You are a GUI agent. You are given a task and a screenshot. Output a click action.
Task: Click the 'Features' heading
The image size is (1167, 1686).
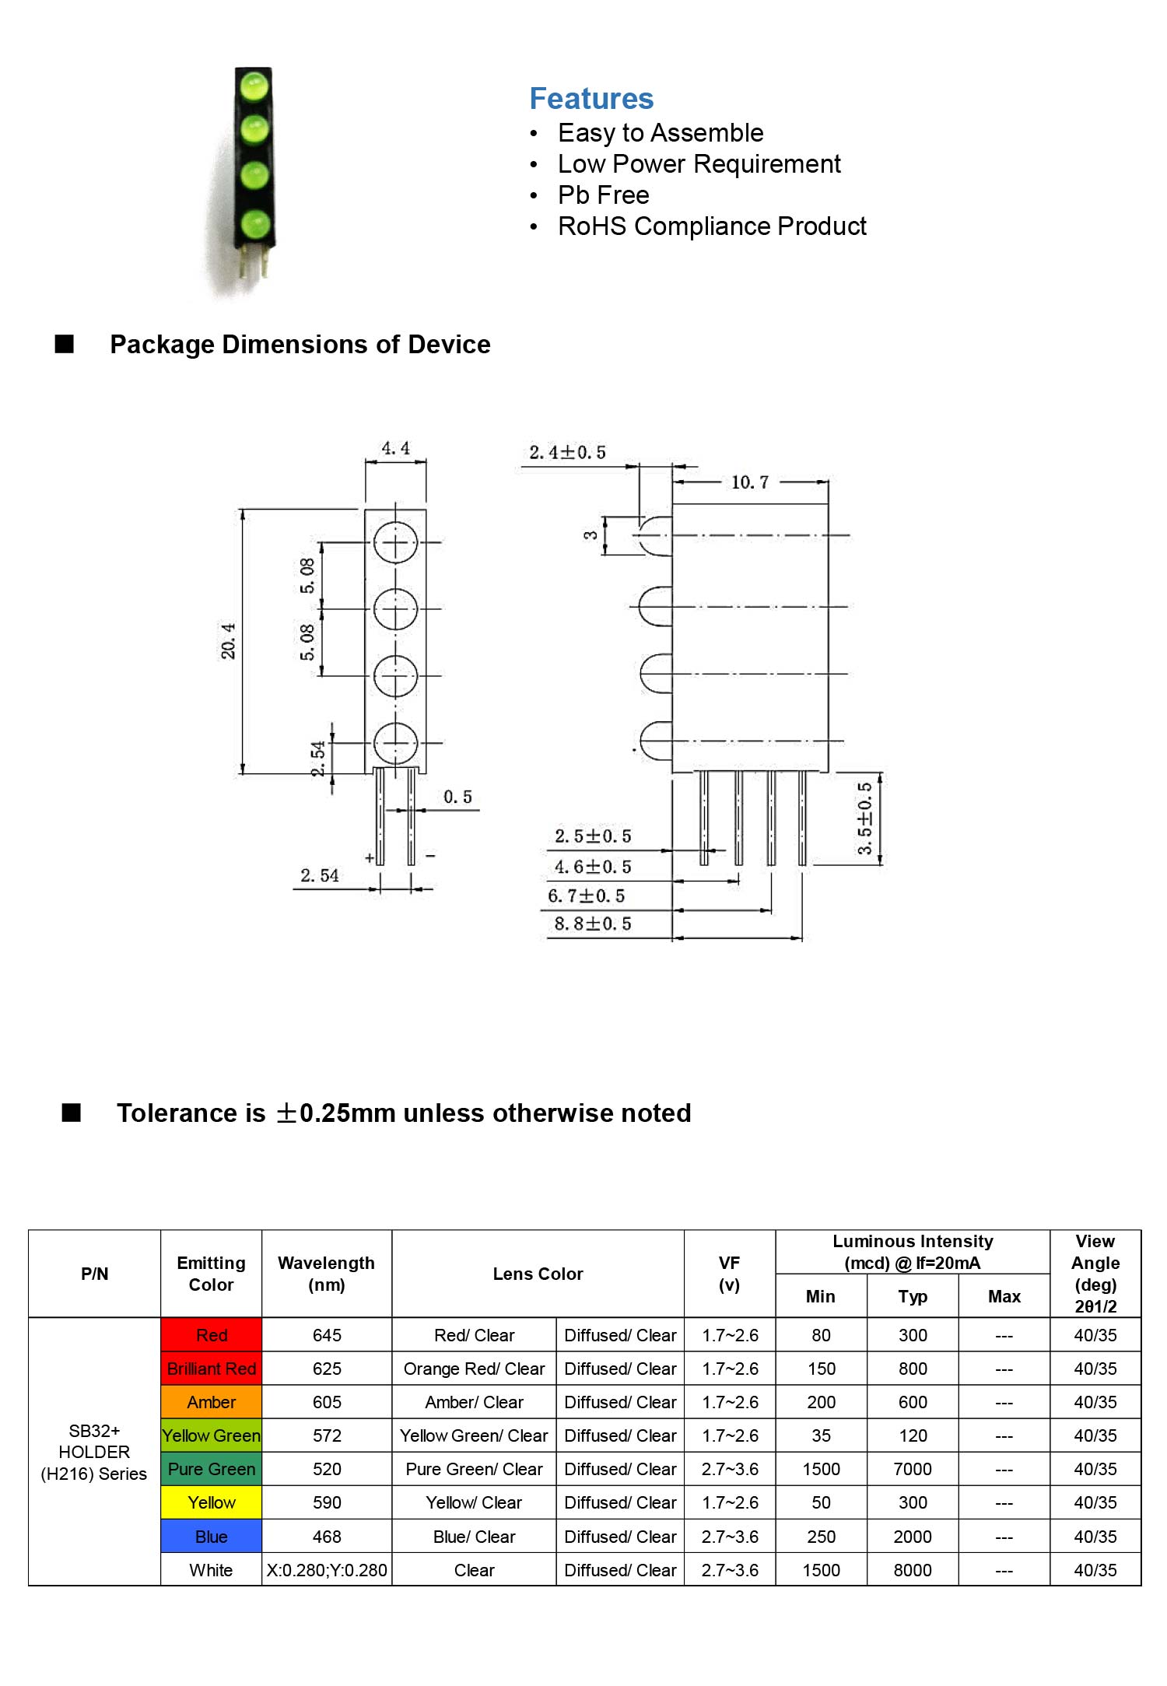[x=591, y=99]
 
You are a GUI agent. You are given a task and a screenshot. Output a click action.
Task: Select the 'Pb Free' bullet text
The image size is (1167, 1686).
[x=603, y=195]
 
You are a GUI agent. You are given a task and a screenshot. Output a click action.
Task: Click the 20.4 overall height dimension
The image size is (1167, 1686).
[x=228, y=640]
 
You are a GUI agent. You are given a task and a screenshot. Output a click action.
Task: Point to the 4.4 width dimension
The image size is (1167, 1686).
[x=395, y=448]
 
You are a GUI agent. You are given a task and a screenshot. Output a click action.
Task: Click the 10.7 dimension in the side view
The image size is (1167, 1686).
[x=749, y=482]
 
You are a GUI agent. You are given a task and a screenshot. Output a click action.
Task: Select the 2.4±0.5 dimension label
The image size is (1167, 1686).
[x=567, y=452]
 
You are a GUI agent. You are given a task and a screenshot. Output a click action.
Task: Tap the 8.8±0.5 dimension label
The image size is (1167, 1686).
[x=592, y=924]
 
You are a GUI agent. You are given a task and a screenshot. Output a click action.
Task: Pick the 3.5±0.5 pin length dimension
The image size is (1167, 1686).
[x=864, y=818]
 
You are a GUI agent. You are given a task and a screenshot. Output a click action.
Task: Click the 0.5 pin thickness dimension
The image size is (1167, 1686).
[x=457, y=797]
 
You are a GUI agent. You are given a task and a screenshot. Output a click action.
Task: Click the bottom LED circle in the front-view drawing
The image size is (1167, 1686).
[x=395, y=743]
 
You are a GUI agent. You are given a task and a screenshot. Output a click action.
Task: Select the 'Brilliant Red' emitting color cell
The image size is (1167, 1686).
[x=212, y=1369]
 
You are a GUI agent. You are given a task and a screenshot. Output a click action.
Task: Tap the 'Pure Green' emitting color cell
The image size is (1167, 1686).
[x=212, y=1469]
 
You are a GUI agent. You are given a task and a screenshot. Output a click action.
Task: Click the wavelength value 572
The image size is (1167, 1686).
[x=327, y=1435]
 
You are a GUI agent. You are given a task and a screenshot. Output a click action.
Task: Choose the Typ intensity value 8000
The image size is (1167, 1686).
[x=913, y=1570]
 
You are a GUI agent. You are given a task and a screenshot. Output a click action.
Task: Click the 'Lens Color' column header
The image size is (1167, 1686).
[x=538, y=1274]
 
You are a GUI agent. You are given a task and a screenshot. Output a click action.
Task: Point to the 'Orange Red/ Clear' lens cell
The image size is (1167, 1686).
[x=474, y=1369]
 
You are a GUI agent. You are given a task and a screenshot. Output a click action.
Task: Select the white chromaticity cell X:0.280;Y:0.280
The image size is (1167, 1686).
[x=327, y=1570]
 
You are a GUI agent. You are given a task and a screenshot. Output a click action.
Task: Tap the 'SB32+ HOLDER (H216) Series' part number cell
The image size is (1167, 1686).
[x=94, y=1452]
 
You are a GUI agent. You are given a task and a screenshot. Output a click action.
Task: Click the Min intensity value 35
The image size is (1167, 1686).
[x=821, y=1435]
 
